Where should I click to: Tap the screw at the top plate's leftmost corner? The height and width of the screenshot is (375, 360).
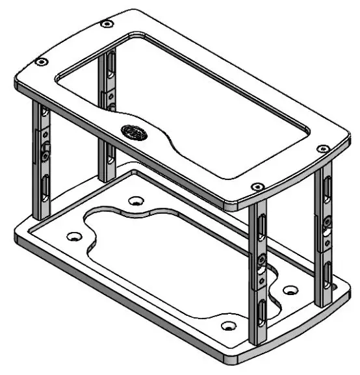click(41, 62)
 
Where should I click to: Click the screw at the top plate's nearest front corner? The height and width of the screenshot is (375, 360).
click(257, 187)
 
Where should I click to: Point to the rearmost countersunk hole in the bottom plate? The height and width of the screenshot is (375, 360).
click(135, 201)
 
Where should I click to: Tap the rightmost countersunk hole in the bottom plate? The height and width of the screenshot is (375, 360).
click(290, 289)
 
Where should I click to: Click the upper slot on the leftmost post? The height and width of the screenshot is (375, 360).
click(44, 118)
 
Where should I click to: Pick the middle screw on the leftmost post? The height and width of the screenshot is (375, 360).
click(45, 156)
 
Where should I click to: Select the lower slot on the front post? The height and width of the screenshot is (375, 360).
click(261, 312)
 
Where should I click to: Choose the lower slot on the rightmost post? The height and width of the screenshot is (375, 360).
click(326, 273)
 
